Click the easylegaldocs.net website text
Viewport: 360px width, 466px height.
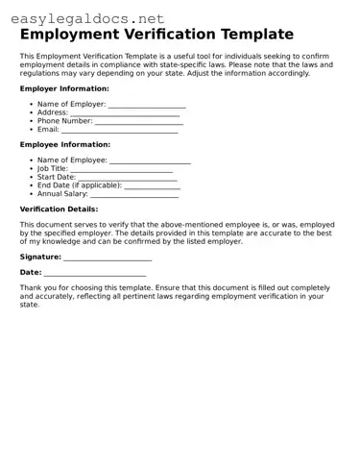(87, 17)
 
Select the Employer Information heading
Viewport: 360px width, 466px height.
(64, 88)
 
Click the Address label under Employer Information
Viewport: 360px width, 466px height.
(52, 112)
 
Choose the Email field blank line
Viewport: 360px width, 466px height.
(120, 130)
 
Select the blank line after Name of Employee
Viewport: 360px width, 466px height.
(150, 160)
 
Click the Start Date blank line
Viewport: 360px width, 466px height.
(127, 178)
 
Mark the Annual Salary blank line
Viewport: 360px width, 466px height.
(133, 194)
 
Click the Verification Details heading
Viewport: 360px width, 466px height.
(59, 208)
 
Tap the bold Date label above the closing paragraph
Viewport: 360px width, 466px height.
(31, 273)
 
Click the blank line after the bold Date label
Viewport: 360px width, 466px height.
(95, 275)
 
